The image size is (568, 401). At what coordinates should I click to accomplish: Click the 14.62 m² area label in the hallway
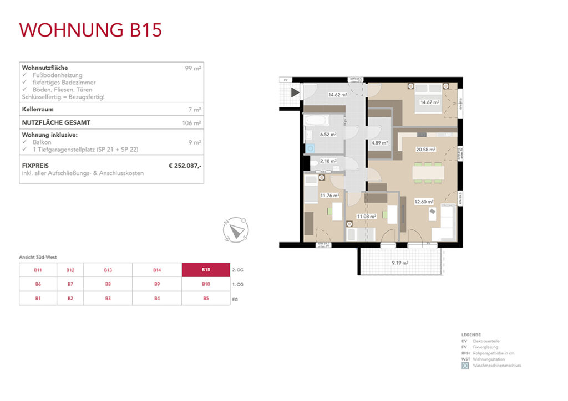click(337, 95)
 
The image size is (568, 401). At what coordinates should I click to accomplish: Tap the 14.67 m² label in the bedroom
click(429, 102)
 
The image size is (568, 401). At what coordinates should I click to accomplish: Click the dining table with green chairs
click(428, 173)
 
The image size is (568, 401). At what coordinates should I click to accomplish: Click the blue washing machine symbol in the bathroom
click(310, 148)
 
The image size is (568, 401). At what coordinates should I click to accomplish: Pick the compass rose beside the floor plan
click(236, 229)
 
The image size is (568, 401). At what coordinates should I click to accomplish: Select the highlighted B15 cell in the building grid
click(205, 270)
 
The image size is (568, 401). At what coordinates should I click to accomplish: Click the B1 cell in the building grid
click(38, 298)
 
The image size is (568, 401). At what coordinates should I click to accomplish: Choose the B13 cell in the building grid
click(108, 270)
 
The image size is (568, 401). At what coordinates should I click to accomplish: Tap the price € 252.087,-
click(185, 165)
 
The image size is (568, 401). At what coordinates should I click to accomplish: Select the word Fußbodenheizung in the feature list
click(56, 75)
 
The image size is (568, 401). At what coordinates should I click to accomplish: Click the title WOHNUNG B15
click(90, 30)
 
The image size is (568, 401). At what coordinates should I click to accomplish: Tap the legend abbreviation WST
click(465, 359)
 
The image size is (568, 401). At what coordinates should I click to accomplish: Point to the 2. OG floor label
click(237, 270)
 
